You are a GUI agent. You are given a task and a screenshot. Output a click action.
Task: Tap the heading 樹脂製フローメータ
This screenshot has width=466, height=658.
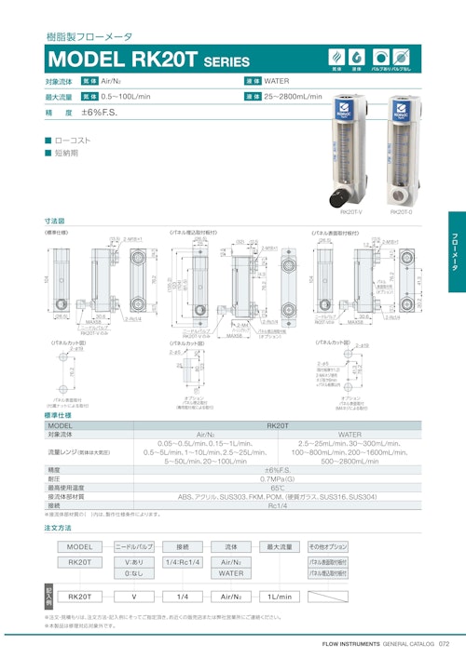(x=89, y=37)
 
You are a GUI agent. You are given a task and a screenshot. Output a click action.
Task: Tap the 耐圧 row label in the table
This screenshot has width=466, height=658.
(x=56, y=478)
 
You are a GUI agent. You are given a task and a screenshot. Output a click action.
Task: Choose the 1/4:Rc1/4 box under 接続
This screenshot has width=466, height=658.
(x=182, y=562)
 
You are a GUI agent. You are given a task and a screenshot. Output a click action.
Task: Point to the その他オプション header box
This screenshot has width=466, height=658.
(x=328, y=546)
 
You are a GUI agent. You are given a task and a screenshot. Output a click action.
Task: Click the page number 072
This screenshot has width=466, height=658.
(x=445, y=643)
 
